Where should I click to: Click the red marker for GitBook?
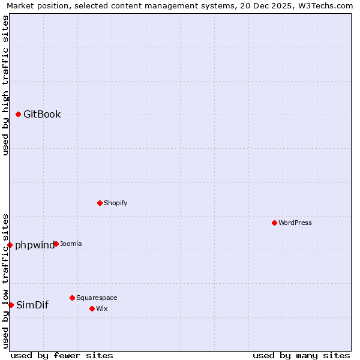click(19, 114)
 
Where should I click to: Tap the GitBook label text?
click(42, 115)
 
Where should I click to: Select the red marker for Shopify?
click(100, 203)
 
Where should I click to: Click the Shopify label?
click(116, 203)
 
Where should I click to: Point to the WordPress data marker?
click(274, 223)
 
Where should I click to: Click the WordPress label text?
click(295, 223)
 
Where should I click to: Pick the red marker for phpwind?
click(10, 245)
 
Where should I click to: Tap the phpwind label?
click(35, 245)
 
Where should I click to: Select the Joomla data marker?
click(56, 244)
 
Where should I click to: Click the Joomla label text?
click(71, 244)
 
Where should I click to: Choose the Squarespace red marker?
click(72, 298)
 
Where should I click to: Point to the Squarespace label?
click(97, 298)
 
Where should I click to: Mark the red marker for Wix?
click(92, 308)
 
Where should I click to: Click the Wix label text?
click(102, 308)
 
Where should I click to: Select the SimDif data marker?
click(11, 305)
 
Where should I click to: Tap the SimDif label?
click(32, 305)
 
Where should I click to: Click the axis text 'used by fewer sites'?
click(62, 355)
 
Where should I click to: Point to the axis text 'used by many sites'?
click(301, 355)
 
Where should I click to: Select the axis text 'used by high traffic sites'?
click(5, 85)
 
